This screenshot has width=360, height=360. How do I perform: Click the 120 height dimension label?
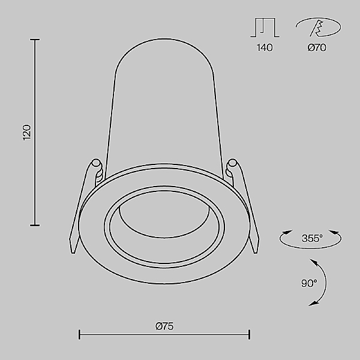click(26, 132)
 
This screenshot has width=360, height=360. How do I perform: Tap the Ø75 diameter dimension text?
click(164, 326)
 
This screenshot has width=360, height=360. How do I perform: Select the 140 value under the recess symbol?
click(264, 48)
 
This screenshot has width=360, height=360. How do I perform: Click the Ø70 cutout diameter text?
click(316, 48)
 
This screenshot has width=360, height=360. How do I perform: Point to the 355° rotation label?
click(312, 238)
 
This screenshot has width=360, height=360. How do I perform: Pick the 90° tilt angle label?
click(308, 283)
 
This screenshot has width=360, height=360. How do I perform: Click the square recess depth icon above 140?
click(264, 28)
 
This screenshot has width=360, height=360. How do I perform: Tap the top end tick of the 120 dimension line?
click(35, 40)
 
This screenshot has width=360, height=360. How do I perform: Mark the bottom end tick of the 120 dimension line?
click(35, 225)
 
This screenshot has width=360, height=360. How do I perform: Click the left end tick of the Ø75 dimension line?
click(80, 334)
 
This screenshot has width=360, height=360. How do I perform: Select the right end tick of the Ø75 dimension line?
click(249, 334)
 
